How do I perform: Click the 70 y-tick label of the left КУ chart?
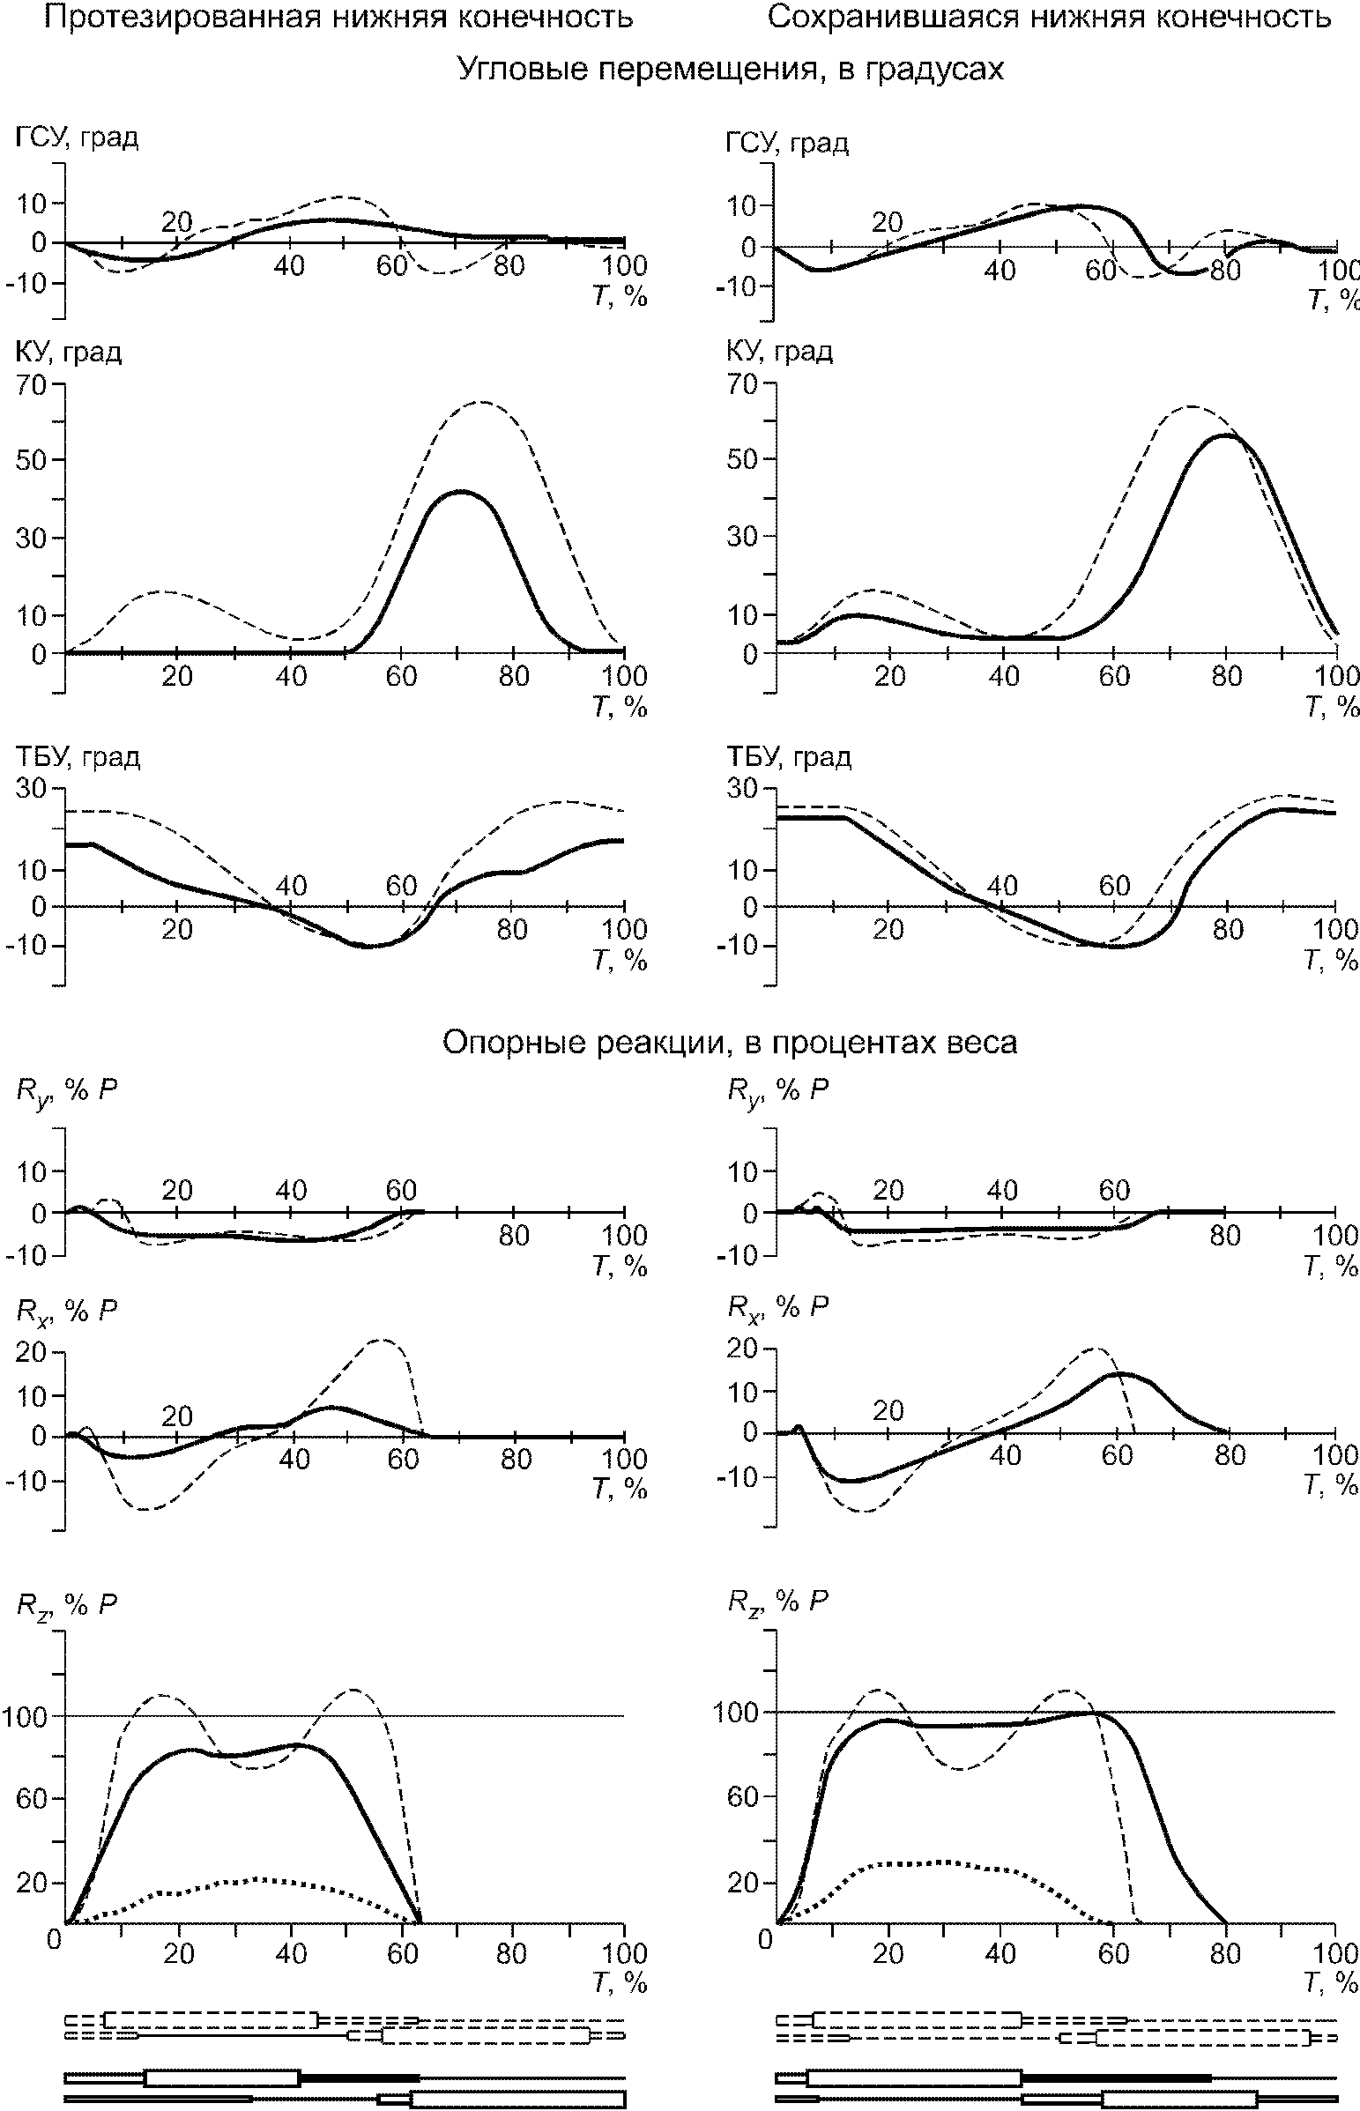[32, 385]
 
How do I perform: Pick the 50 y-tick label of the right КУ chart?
[742, 460]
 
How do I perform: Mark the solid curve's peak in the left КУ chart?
[460, 492]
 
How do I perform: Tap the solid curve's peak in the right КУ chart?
[1226, 435]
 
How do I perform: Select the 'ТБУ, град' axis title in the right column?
[789, 756]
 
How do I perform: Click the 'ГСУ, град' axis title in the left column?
[76, 138]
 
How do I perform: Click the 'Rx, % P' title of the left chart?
[66, 1312]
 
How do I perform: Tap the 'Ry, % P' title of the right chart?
[777, 1092]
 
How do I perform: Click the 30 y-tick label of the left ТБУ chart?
[32, 787]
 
